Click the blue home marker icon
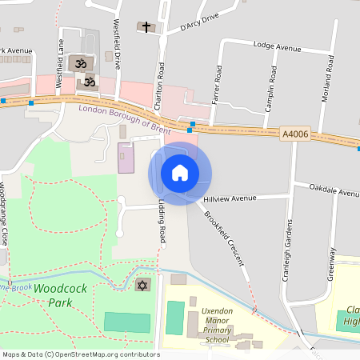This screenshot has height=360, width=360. pyautogui.click(x=180, y=173)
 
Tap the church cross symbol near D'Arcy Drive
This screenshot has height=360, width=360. pyautogui.click(x=146, y=26)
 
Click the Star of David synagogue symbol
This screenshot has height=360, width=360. pyautogui.click(x=143, y=286)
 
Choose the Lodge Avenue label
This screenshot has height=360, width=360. pyautogui.click(x=277, y=47)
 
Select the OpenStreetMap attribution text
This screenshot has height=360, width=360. pyautogui.click(x=81, y=354)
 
